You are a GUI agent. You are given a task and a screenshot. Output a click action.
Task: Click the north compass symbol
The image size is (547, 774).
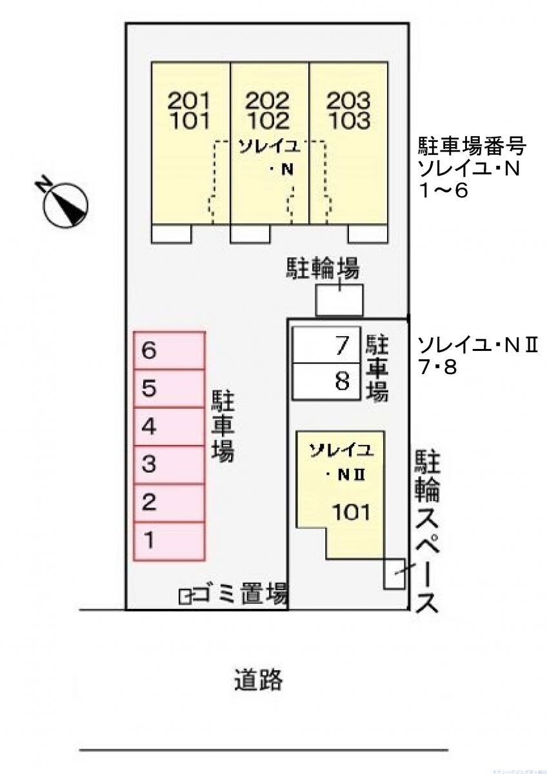click(x=65, y=204)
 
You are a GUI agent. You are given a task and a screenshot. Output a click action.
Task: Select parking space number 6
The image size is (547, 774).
click(x=169, y=350)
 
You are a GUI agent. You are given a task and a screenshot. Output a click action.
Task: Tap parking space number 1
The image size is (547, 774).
click(x=169, y=541)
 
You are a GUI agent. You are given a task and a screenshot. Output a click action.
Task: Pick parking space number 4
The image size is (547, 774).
click(x=169, y=426)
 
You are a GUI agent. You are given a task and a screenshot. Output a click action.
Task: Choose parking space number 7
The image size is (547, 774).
click(x=323, y=346)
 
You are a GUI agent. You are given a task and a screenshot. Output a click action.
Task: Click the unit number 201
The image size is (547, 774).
click(x=189, y=101)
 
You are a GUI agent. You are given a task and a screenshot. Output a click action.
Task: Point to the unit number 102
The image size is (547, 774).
click(x=268, y=121)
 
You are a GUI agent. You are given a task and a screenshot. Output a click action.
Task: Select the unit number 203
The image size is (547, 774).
click(x=348, y=101)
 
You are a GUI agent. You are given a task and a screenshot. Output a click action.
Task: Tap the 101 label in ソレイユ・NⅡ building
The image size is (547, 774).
click(x=352, y=512)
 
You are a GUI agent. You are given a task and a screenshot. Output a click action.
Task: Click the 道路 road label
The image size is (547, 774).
click(x=258, y=679)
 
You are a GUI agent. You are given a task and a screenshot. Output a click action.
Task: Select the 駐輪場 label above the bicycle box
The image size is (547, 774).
click(x=323, y=269)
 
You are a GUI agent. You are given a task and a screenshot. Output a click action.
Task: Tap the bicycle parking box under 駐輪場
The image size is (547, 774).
click(x=339, y=300)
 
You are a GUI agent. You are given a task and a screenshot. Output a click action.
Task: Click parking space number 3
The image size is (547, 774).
click(x=169, y=464)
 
